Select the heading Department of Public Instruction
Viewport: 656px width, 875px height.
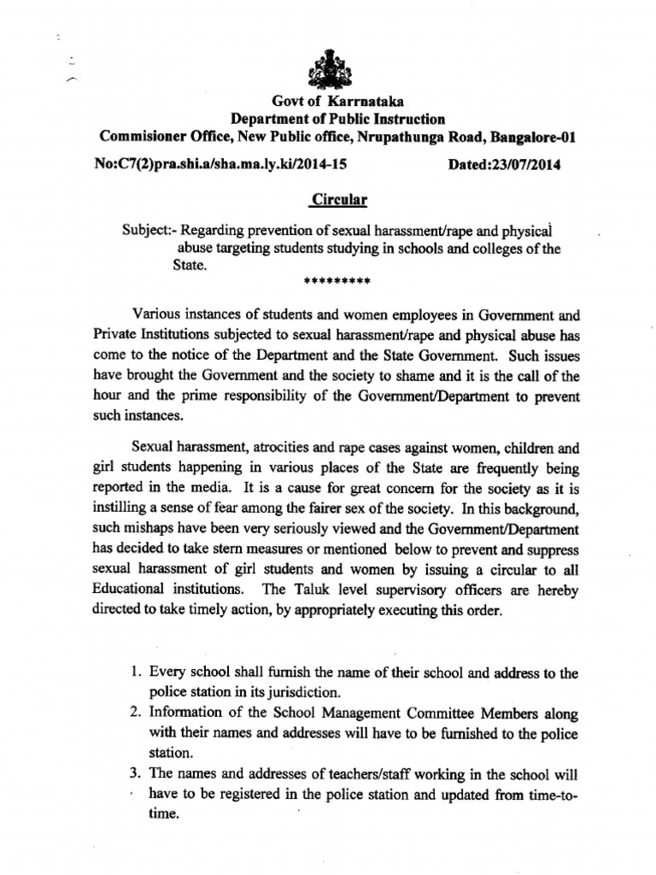[337, 120]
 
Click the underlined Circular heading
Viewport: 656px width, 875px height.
[337, 200]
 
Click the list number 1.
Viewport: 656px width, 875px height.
[135, 672]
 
